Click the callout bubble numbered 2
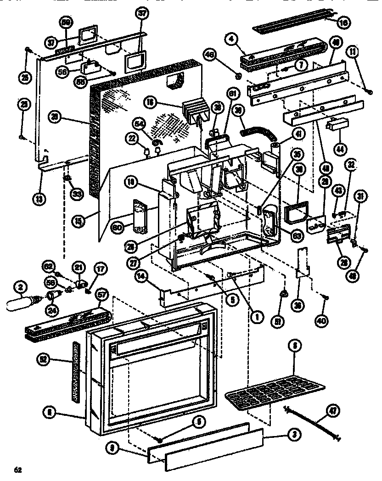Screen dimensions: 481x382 pos(19,288)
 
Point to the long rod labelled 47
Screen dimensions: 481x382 pos(312,422)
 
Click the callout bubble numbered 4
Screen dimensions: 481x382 pos(232,39)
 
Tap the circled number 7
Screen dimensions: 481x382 pos(300,65)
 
